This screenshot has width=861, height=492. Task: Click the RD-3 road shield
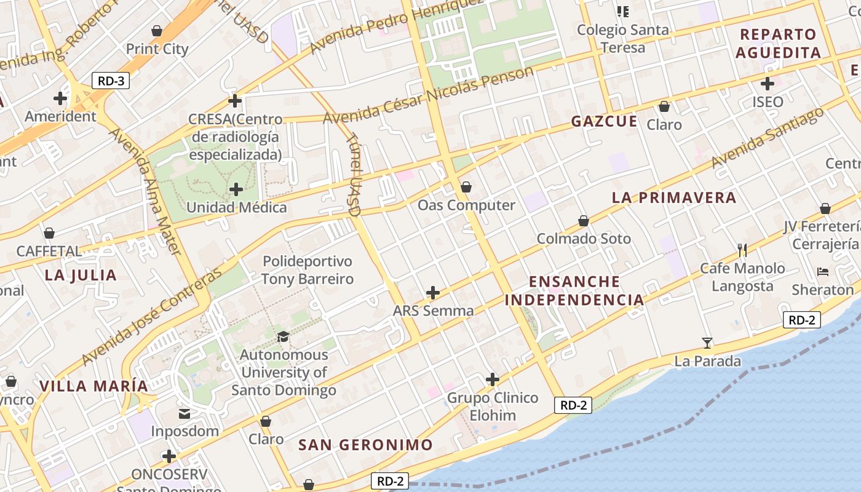click(x=111, y=80)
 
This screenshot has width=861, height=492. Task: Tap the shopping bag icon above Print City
click(x=157, y=31)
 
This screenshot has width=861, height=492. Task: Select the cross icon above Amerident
click(x=60, y=98)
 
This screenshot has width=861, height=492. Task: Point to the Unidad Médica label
click(x=236, y=207)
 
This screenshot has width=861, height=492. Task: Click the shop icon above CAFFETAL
click(x=49, y=233)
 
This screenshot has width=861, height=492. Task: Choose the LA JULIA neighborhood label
click(x=81, y=275)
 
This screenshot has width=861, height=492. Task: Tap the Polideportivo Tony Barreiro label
click(x=307, y=270)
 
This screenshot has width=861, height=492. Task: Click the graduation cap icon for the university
click(x=283, y=336)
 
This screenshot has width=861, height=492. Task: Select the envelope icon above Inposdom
click(x=184, y=413)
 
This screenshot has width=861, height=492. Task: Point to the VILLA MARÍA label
click(x=94, y=386)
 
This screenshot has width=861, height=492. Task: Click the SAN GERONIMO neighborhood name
click(x=365, y=445)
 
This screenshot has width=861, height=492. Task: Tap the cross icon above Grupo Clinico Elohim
click(x=492, y=379)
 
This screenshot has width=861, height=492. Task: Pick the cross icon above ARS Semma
click(x=433, y=292)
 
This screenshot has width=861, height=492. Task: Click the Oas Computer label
click(x=466, y=205)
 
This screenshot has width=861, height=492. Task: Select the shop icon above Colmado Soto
click(x=584, y=220)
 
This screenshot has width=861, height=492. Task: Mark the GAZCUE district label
click(x=604, y=121)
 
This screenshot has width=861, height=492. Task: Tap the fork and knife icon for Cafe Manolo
click(x=742, y=250)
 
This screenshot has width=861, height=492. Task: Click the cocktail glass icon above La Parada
click(x=707, y=343)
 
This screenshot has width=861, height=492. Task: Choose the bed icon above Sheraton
click(x=823, y=271)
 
